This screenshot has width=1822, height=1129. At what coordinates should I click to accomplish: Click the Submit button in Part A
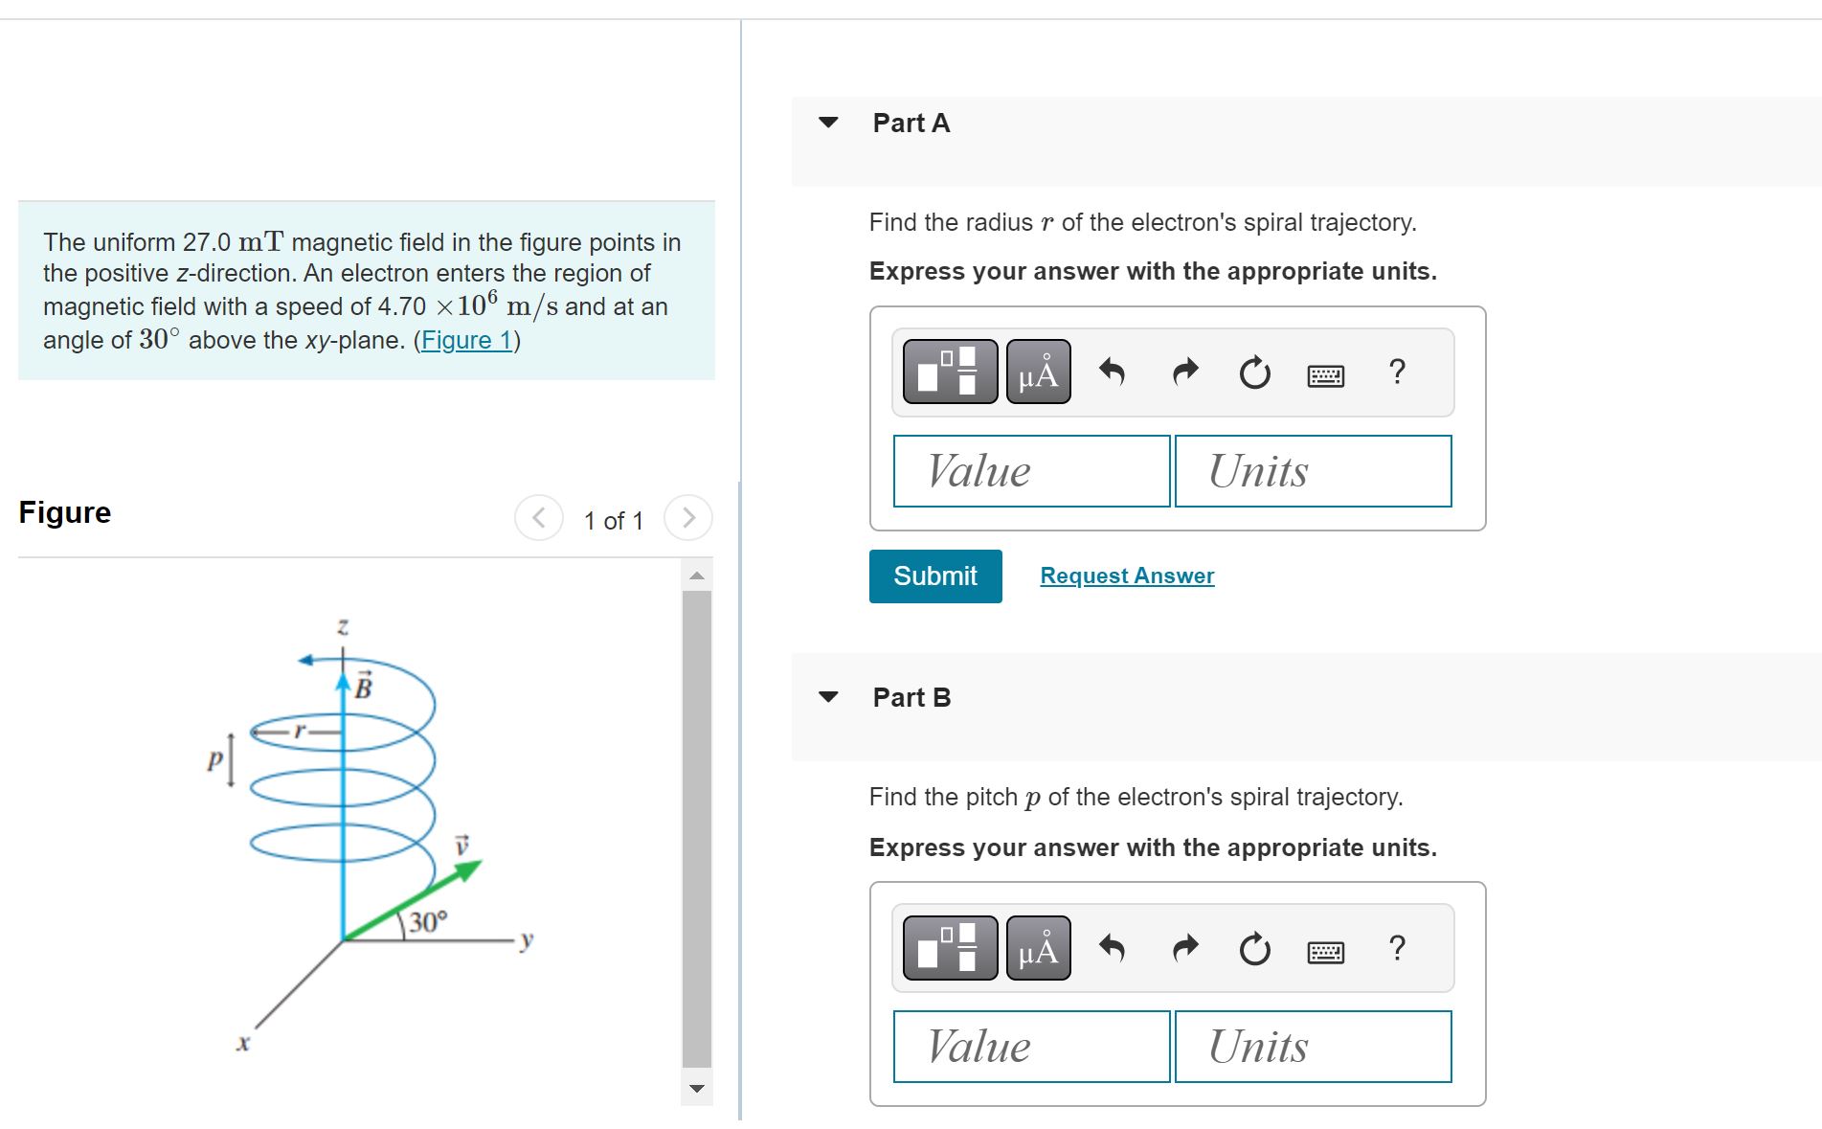(934, 576)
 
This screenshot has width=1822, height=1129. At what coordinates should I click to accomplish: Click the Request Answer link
(1127, 576)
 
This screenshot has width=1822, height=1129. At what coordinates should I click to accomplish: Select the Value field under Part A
(1031, 471)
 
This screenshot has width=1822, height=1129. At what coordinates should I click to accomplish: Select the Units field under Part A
(1313, 471)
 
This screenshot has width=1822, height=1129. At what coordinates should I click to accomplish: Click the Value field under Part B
(1031, 1047)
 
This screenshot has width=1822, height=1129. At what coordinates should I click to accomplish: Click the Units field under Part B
(1313, 1047)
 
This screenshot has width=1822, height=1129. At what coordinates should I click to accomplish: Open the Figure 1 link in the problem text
(466, 340)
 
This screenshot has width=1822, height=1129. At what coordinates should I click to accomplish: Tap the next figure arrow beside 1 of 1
(688, 518)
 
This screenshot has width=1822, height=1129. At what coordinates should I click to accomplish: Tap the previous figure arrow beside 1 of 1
(539, 518)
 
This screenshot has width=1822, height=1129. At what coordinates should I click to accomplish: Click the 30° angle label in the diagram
(427, 922)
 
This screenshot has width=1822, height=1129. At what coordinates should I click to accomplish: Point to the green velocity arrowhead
(468, 869)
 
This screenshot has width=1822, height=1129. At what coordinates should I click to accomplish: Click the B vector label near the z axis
(364, 687)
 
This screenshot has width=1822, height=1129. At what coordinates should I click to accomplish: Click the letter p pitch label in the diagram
(215, 760)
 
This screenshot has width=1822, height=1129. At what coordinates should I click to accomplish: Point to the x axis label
(243, 1043)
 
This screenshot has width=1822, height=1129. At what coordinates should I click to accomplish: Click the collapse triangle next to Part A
(828, 123)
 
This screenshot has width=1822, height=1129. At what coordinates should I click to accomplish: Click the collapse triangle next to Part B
(828, 697)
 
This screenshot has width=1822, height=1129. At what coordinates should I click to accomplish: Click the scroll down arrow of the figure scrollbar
(697, 1088)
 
